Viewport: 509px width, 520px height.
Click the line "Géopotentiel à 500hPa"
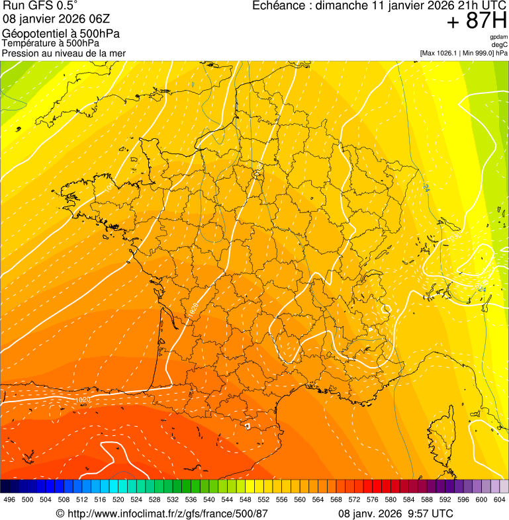coord(61,34)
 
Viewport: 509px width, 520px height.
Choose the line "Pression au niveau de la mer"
coord(64,53)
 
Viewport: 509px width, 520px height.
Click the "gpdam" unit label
coord(498,37)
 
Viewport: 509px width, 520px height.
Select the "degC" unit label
coord(500,44)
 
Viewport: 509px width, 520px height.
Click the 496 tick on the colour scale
coord(9,499)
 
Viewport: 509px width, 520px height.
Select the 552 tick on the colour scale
coord(263,499)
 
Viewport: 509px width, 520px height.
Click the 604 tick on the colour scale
coord(500,499)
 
